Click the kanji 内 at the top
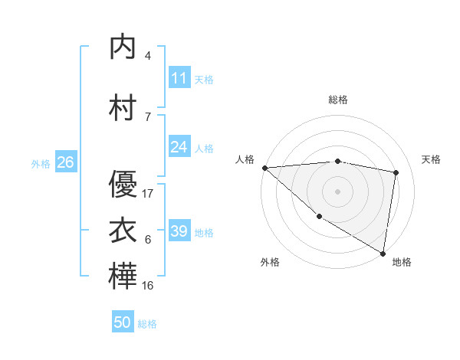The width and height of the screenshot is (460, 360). (123, 48)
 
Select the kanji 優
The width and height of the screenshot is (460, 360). (123, 184)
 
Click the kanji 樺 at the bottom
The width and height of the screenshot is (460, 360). (123, 277)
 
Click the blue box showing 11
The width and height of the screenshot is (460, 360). (179, 78)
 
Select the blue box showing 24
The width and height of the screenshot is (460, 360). (179, 147)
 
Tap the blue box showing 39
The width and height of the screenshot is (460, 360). (179, 231)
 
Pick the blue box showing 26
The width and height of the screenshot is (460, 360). (65, 162)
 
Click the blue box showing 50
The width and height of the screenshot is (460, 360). (123, 322)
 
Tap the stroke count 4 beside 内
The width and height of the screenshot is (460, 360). (147, 56)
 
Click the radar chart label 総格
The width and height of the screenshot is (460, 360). (338, 100)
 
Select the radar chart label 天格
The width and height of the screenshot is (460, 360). (432, 159)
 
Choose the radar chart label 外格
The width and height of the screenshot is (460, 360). (270, 262)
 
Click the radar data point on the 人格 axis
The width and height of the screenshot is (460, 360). (264, 168)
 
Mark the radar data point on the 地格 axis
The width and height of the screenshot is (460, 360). (383, 253)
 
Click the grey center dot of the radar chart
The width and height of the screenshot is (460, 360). (337, 191)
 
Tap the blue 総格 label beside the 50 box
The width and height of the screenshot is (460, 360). (147, 324)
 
